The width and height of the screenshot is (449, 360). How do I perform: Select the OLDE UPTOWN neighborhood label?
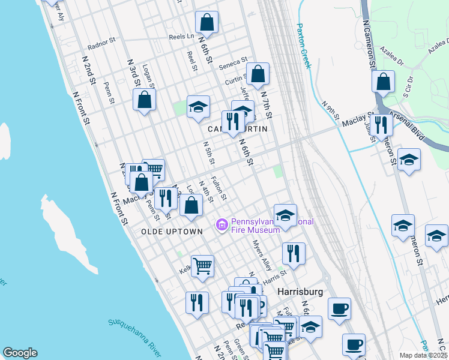[x=163, y=232]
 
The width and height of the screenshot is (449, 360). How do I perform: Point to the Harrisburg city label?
[x=301, y=292]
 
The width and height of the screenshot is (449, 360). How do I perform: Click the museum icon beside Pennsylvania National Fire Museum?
[x=221, y=225]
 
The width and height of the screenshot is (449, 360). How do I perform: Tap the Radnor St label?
[x=100, y=43]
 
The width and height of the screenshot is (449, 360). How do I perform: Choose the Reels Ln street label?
[x=181, y=37]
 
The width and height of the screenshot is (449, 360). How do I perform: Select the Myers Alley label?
[x=262, y=255]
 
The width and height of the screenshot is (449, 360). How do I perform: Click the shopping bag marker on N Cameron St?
[x=383, y=81]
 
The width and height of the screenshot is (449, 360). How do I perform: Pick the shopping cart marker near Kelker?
[x=202, y=265]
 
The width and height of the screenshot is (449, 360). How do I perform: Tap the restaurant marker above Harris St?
[x=293, y=253]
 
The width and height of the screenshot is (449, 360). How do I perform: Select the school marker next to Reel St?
[x=198, y=106]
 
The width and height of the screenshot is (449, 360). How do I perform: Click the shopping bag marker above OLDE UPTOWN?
[x=191, y=206]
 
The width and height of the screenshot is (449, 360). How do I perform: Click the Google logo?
[x=20, y=353]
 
